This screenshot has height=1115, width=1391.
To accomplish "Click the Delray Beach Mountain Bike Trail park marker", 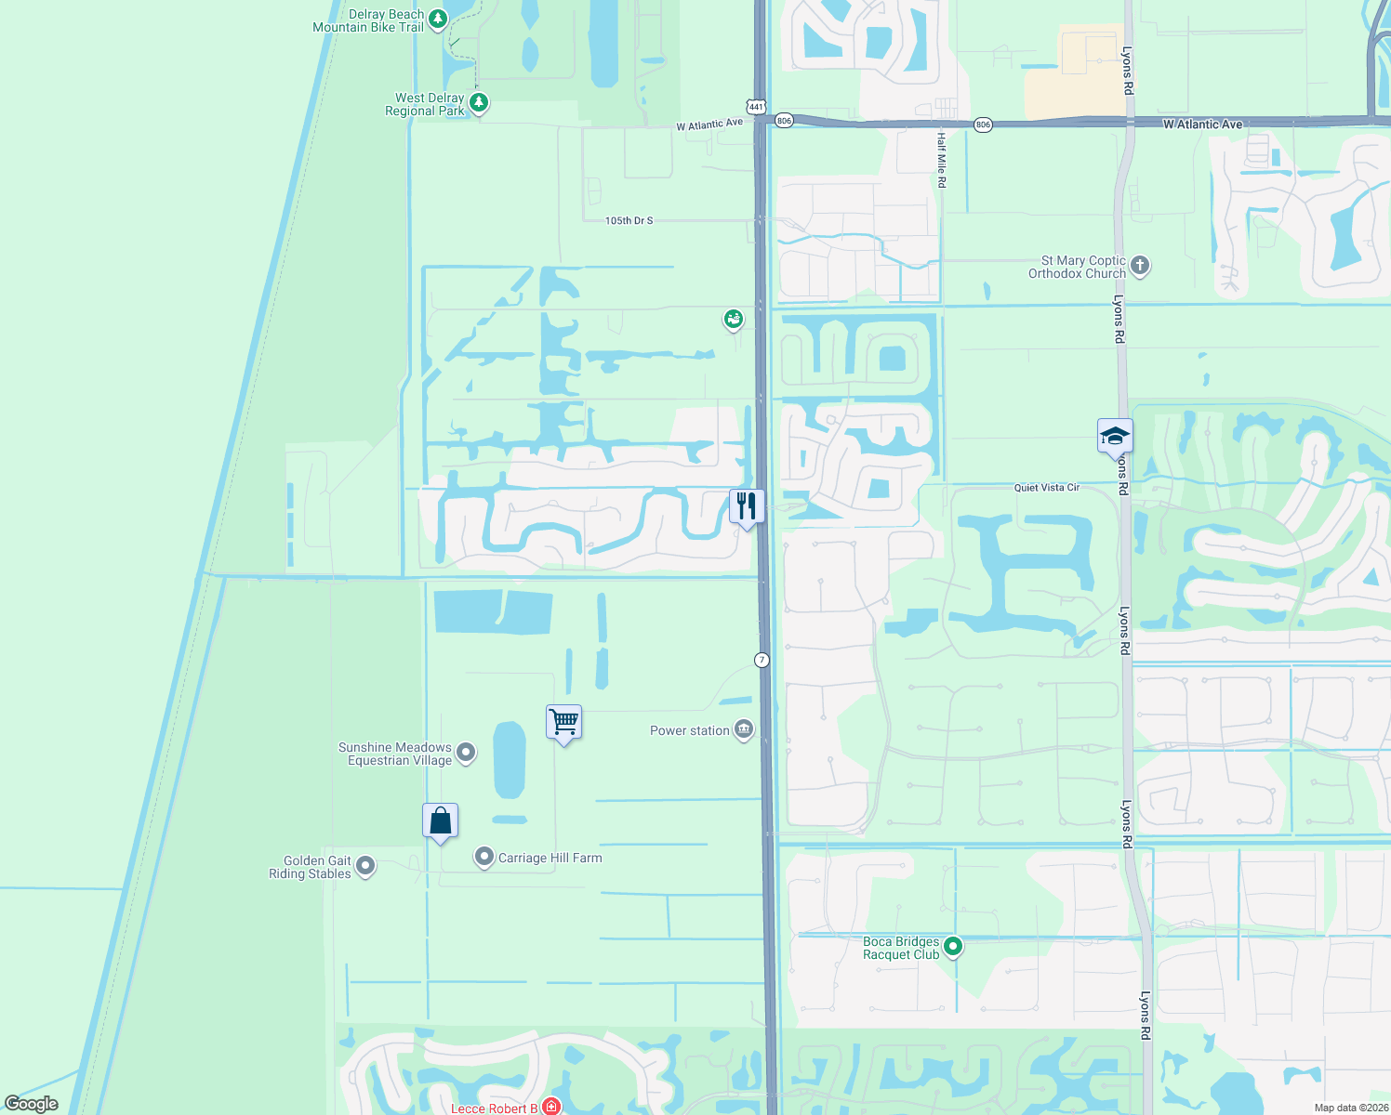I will [438, 19].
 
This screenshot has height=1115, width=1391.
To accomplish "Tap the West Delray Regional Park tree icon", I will [479, 102].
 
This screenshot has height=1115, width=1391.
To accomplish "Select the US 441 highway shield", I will [756, 107].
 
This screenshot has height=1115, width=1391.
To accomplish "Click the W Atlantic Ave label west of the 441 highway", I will [709, 125].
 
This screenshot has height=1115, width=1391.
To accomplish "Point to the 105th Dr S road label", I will [629, 221].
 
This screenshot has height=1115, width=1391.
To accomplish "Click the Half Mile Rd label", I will [941, 160].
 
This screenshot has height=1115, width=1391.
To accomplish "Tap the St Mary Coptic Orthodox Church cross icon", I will [1140, 266].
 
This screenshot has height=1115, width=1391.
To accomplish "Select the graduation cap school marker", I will [1114, 435].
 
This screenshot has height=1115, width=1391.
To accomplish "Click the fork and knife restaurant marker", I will [747, 506].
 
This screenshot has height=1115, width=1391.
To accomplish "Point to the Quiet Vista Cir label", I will [1046, 488].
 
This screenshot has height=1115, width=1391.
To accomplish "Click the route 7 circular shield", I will [762, 660].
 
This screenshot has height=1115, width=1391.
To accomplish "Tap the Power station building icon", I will [744, 729].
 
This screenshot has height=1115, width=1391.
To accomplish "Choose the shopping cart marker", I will [563, 721].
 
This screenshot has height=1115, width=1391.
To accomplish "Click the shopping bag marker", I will [441, 820].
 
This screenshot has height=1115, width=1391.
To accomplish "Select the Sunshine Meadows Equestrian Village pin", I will [467, 753].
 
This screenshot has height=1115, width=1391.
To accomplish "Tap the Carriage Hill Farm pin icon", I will [484, 857].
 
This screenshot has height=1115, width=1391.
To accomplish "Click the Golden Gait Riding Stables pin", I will [366, 866].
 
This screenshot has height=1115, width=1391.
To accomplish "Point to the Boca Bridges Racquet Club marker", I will [953, 947].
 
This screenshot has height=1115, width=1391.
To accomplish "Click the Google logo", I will [32, 1104].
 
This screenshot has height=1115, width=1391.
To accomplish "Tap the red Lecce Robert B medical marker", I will [551, 1107].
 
